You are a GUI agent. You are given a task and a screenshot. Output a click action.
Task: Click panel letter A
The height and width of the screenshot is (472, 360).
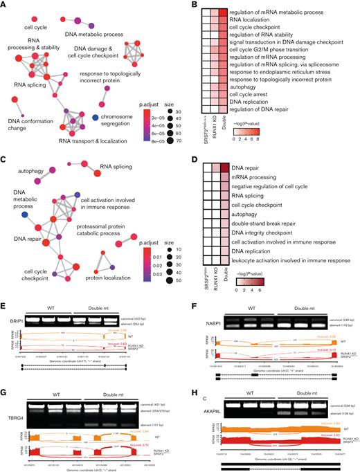coord(4,6)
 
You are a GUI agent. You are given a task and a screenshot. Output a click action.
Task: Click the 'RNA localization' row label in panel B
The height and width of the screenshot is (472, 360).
coord(240,21)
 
